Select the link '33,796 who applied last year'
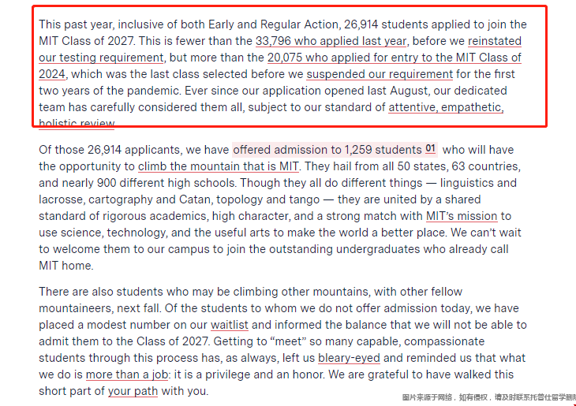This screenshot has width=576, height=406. [331, 41]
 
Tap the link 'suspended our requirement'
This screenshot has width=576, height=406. [380, 74]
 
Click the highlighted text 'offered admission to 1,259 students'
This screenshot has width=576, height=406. [327, 150]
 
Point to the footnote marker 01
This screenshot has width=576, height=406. [431, 149]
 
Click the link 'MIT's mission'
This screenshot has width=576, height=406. [462, 216]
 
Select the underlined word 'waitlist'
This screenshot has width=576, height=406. [230, 325]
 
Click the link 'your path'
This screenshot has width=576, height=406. [133, 391]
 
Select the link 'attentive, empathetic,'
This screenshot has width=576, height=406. [446, 107]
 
